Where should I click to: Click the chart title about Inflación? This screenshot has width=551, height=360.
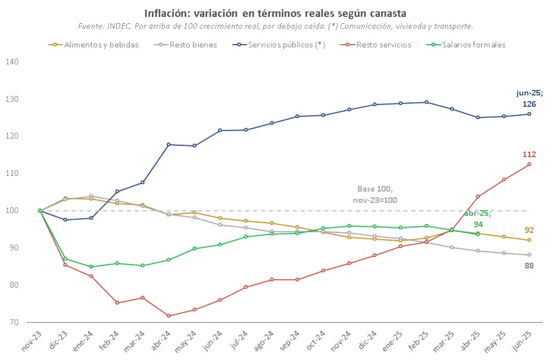pyautogui.click(x=275, y=12)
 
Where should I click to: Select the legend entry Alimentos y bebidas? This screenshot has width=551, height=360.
pyautogui.click(x=101, y=45)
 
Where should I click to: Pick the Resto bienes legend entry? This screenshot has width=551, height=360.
pyautogui.click(x=193, y=45)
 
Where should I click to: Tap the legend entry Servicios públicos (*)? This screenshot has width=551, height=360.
pyautogui.click(x=286, y=45)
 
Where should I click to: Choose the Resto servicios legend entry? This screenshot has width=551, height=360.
pyautogui.click(x=383, y=45)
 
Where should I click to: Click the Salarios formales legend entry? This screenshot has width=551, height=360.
pyautogui.click(x=474, y=45)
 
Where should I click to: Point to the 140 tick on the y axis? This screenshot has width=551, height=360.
pyautogui.click(x=12, y=62)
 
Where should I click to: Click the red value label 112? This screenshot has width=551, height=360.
pyautogui.click(x=529, y=155)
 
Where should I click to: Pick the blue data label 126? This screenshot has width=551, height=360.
pyautogui.click(x=529, y=103)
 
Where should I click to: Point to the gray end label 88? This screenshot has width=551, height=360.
pyautogui.click(x=529, y=265)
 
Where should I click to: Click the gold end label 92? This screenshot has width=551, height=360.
pyautogui.click(x=529, y=230)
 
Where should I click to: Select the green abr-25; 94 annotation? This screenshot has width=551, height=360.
pyautogui.click(x=477, y=218)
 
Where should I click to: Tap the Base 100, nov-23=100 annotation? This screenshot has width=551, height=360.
pyautogui.click(x=375, y=194)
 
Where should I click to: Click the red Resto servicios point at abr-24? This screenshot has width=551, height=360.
pyautogui.click(x=169, y=316)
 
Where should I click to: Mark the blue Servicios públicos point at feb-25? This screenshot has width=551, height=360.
pyautogui.click(x=426, y=102)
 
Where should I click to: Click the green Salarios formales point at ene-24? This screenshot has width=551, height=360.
pyautogui.click(x=91, y=267)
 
